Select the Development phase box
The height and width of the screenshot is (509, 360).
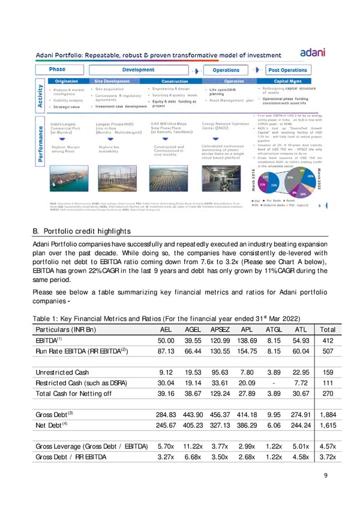point(138,70)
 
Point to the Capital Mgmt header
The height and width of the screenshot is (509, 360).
point(290,80)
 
